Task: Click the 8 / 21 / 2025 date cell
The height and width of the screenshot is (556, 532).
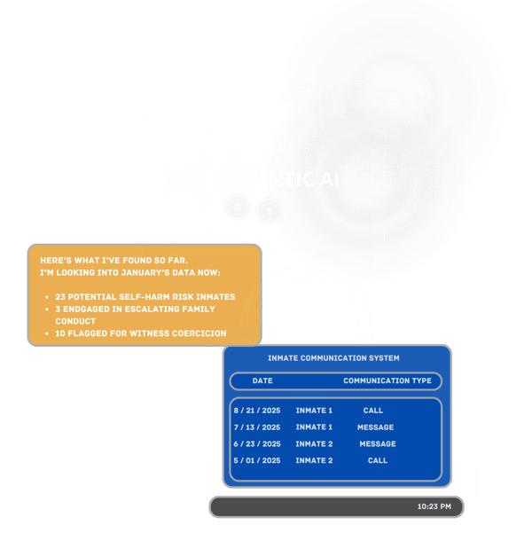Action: [257, 411]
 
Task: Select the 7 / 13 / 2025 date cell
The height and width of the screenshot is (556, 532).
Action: [257, 427]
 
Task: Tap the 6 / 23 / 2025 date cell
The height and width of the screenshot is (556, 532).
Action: [257, 444]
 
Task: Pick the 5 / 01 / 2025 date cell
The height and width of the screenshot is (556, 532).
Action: [257, 461]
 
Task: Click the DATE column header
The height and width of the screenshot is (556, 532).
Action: [262, 381]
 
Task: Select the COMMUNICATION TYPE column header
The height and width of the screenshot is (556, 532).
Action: [387, 381]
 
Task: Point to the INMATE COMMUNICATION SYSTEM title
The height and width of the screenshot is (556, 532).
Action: [333, 358]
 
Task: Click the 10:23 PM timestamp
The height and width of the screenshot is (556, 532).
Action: [434, 507]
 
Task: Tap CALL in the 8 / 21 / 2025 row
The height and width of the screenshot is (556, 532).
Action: [373, 411]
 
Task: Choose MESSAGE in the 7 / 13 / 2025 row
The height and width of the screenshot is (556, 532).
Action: [376, 427]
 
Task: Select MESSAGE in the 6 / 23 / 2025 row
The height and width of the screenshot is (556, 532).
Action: [378, 444]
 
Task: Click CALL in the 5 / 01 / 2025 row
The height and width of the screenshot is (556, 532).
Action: [378, 461]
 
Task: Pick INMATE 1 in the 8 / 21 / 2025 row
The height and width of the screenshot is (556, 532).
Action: [314, 411]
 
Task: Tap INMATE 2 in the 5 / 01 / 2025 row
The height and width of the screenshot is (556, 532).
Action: [314, 461]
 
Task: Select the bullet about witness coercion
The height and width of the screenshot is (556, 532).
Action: [140, 333]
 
